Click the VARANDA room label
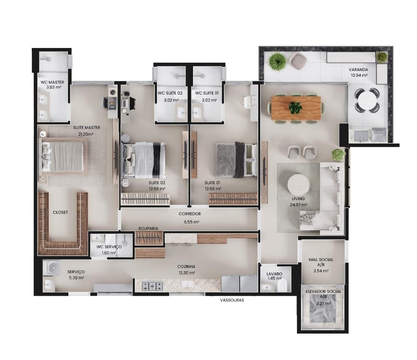358,70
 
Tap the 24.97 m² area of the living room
298,205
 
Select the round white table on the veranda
367,100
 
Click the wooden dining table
296,108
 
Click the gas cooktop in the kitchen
152,286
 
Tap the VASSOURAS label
232,300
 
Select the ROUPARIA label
148,228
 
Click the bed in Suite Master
63,156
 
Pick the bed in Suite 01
236,160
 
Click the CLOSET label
60,213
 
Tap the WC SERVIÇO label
109,247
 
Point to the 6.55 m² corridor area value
192,222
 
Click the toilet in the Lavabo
282,286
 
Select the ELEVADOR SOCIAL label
323,292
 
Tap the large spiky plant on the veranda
278,62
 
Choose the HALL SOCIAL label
321,259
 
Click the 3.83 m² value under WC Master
54,87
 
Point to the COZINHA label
186,266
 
